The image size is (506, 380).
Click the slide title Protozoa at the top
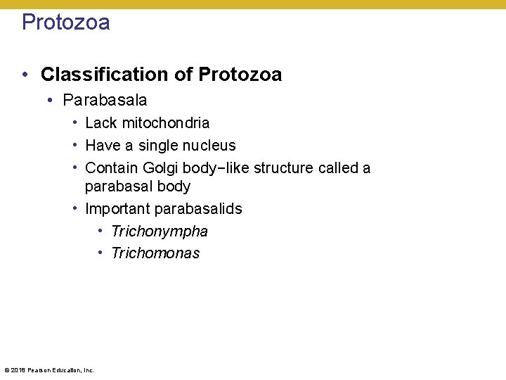66,23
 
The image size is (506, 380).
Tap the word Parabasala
105,101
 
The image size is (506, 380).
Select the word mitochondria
166,123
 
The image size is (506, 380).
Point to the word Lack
100,123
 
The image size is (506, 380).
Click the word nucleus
209,146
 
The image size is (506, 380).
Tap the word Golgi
162,168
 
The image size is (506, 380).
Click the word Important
117,209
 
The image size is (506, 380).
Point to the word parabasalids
198,209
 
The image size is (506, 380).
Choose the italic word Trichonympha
160,232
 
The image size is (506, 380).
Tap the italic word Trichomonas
155,253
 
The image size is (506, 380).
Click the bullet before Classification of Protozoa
25,75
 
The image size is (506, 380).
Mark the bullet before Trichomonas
101,253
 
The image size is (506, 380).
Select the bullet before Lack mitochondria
74,123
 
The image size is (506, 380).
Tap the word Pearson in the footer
39,370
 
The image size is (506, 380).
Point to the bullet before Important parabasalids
74,209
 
